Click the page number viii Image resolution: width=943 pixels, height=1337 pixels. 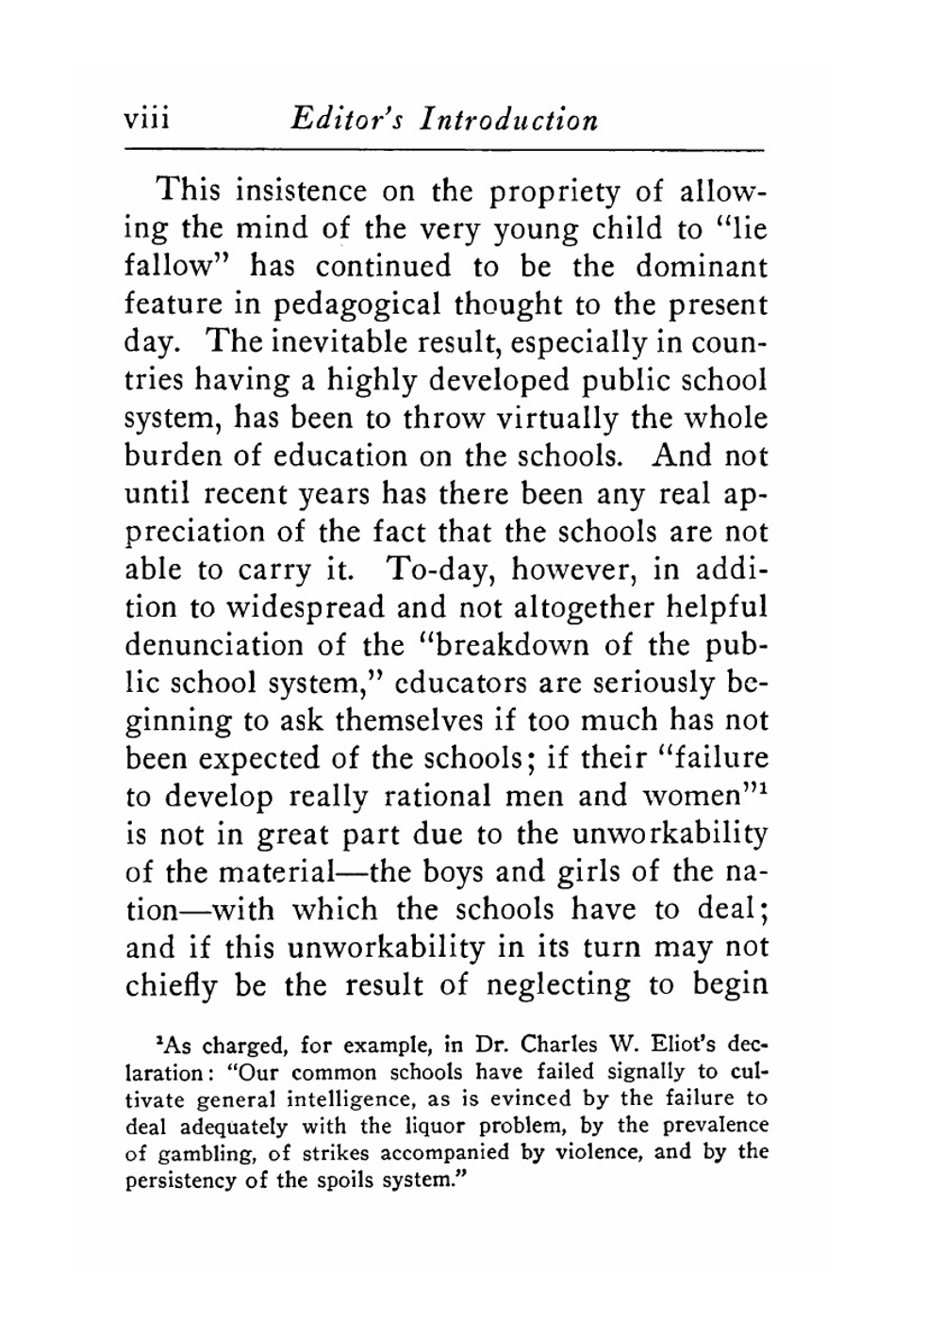[146, 121]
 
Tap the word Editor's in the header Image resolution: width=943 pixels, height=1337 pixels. [347, 121]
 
